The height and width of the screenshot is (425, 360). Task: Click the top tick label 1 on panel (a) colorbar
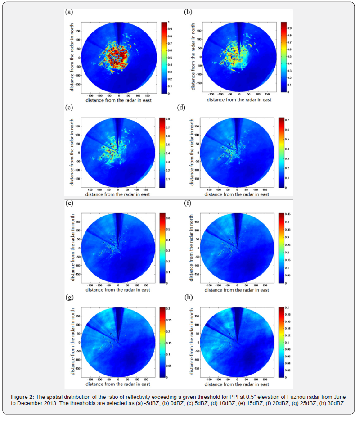coord(169,22)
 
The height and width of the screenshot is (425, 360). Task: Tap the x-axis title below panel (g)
coord(119,385)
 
